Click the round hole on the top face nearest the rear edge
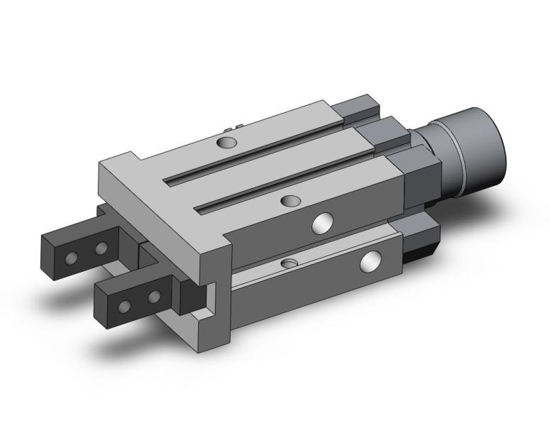pos(226,143)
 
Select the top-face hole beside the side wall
pos(289,202)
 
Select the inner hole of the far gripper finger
pos(101,248)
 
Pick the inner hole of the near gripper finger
pos(154,295)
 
